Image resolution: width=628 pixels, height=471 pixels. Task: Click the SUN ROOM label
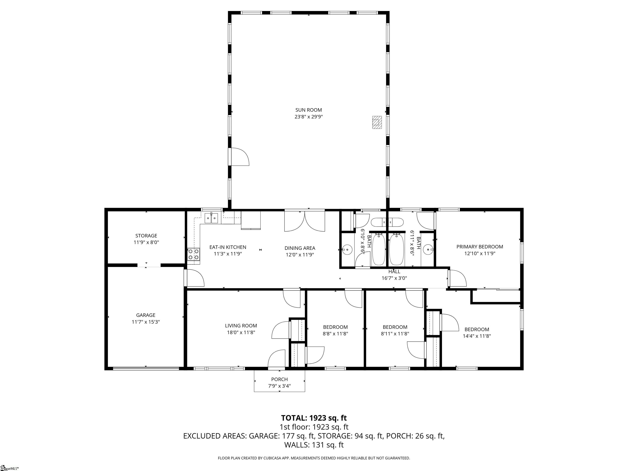point(309,110)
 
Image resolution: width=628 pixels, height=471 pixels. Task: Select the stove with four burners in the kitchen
point(193,254)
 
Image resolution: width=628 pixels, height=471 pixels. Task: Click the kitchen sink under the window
point(211,218)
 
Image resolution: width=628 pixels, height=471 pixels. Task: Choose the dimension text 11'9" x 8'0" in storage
point(146,242)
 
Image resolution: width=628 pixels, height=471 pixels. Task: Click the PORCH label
point(279,379)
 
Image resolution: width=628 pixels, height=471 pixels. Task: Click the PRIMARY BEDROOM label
point(480,247)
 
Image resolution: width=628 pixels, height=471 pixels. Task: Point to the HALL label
point(394,272)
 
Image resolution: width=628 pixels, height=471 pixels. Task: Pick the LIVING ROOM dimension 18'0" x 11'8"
point(241,332)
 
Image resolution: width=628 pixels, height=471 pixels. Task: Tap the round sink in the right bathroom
point(428,250)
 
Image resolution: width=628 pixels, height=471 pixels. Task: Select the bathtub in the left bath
point(378,249)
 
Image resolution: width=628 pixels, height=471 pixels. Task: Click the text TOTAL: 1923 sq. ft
point(314,418)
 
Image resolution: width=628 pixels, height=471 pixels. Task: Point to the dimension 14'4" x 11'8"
point(477,336)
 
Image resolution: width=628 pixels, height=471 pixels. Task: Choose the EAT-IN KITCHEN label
point(228,247)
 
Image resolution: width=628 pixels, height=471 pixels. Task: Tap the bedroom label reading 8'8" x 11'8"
point(335,334)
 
